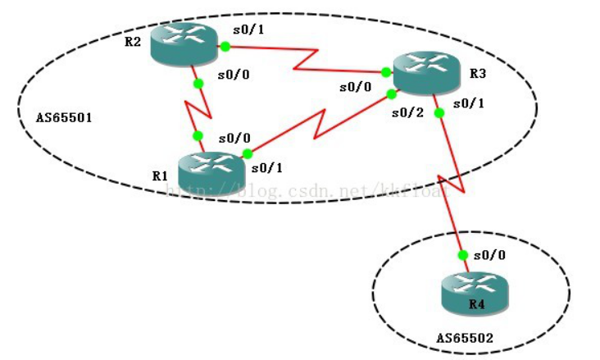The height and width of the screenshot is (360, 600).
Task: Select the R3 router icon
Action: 425,73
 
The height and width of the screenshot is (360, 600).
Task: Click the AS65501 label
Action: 64,117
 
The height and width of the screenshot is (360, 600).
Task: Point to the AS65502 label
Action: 465,337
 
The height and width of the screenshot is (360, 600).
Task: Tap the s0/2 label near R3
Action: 407,112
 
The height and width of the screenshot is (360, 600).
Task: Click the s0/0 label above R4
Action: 489,255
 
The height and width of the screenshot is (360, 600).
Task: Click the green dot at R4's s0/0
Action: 464,255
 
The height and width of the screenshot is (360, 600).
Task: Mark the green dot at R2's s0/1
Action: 224,47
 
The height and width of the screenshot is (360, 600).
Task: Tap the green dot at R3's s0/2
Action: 392,94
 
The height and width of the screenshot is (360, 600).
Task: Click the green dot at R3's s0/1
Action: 439,113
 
